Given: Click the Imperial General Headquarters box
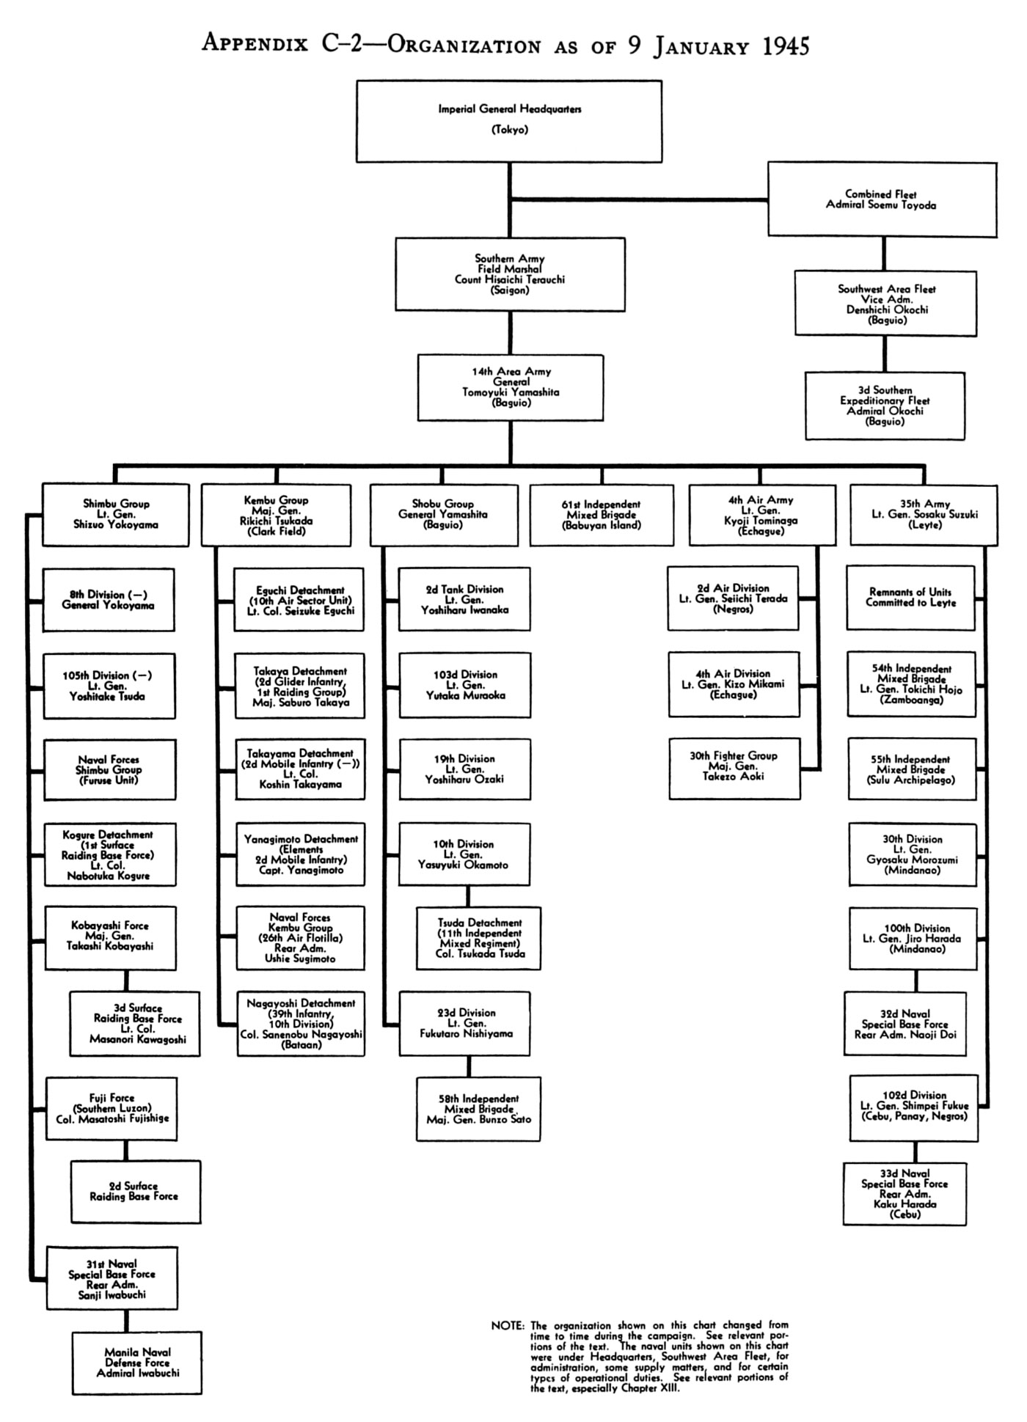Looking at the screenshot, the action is pyautogui.click(x=509, y=121).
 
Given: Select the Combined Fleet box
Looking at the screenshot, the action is pyautogui.click(x=882, y=199).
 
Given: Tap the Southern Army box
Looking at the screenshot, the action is pyautogui.click(x=511, y=274).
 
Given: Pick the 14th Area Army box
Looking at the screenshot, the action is pyautogui.click(x=511, y=388).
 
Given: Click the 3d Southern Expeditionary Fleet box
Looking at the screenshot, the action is pyautogui.click(x=885, y=406).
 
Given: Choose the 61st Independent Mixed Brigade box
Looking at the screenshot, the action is pyautogui.click(x=602, y=515).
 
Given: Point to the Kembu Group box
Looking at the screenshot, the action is pyautogui.click(x=277, y=515).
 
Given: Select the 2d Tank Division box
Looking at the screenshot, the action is pyautogui.click(x=464, y=599).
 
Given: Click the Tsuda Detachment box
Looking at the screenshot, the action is pyautogui.click(x=478, y=939).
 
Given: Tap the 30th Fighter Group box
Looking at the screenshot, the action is pyautogui.click(x=734, y=769).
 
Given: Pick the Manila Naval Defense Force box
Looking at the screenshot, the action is pyautogui.click(x=137, y=1363).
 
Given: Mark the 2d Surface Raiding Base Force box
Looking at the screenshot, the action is pyautogui.click(x=136, y=1191).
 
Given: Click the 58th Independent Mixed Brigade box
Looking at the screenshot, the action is pyautogui.click(x=478, y=1109).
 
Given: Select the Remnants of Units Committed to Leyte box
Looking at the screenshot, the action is pyautogui.click(x=910, y=598).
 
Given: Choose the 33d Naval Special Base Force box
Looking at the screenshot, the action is pyautogui.click(x=904, y=1193).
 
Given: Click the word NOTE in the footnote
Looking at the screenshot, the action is pyautogui.click(x=508, y=1326).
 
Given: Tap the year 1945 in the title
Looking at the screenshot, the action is pyautogui.click(x=786, y=47).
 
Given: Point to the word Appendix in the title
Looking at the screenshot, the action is pyautogui.click(x=255, y=44).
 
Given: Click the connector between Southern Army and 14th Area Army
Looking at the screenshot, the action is pyautogui.click(x=511, y=334).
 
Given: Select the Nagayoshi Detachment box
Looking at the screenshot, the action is pyautogui.click(x=301, y=1024).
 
